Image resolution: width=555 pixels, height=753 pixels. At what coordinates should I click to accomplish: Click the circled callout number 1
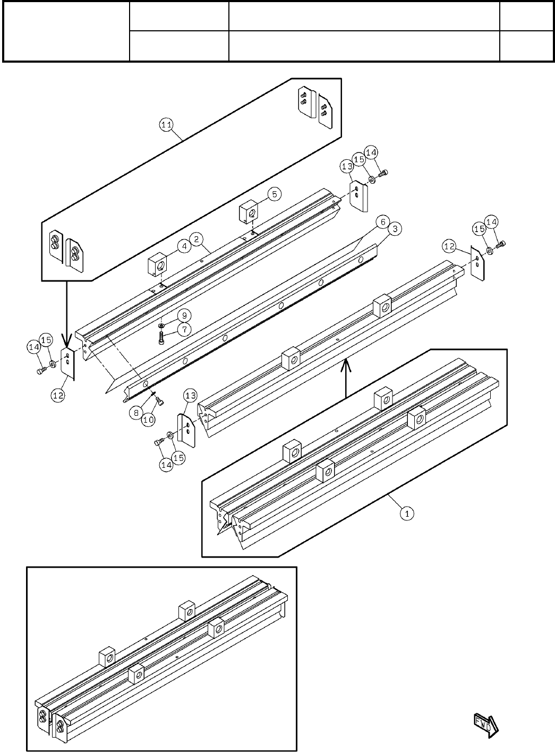point(406,514)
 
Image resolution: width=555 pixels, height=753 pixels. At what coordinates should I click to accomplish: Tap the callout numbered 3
point(394,229)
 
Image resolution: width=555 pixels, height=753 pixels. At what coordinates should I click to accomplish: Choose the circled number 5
point(274,194)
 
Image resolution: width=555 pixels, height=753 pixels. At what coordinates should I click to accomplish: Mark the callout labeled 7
point(184,329)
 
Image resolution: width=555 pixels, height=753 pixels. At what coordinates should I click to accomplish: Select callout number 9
point(181,314)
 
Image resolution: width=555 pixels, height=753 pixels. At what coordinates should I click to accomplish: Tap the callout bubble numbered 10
point(149,420)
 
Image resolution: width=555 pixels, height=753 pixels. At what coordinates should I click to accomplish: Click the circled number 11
point(166,125)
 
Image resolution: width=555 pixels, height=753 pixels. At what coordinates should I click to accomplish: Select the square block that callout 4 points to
point(157,264)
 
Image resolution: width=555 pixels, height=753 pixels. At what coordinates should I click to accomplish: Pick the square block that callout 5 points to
point(247,211)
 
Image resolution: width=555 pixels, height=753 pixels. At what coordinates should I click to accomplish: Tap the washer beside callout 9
point(161,325)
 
